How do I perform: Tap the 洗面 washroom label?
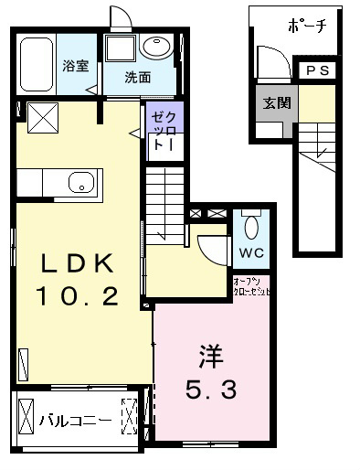click(139, 77)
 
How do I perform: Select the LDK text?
click(79, 265)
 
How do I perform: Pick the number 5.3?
click(213, 390)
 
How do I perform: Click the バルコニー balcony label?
click(76, 421)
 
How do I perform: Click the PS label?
click(319, 70)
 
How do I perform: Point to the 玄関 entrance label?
click(277, 102)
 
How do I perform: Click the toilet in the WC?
click(252, 224)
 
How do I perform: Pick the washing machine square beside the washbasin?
click(120, 49)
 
